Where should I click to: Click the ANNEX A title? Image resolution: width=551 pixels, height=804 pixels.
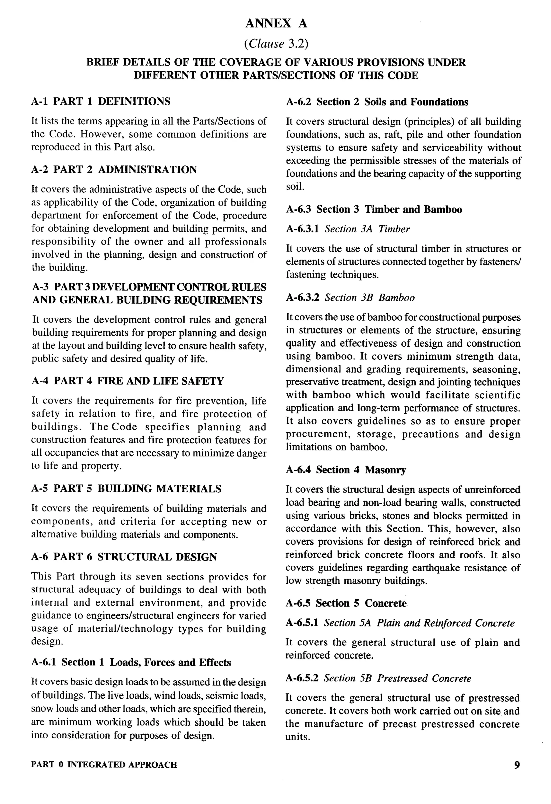pos(276,23)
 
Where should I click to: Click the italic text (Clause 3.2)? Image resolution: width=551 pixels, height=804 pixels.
pos(276,44)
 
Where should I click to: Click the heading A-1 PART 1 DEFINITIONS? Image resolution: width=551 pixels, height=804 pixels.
pos(101,101)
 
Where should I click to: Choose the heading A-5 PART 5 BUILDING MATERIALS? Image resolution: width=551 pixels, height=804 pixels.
pos(126,488)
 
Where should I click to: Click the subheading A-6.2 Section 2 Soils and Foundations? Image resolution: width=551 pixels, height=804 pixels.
pos(377,102)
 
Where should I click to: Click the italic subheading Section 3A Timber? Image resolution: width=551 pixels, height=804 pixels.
pos(367,229)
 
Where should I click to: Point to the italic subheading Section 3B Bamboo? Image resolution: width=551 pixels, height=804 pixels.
pos(369,297)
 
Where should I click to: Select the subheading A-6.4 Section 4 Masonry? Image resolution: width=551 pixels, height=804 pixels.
pos(346,470)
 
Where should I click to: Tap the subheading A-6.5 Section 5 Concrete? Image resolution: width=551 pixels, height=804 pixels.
pos(346,603)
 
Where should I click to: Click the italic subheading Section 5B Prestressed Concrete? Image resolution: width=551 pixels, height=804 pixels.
pos(397,678)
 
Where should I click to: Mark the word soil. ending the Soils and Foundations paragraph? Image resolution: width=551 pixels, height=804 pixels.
pos(295,187)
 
